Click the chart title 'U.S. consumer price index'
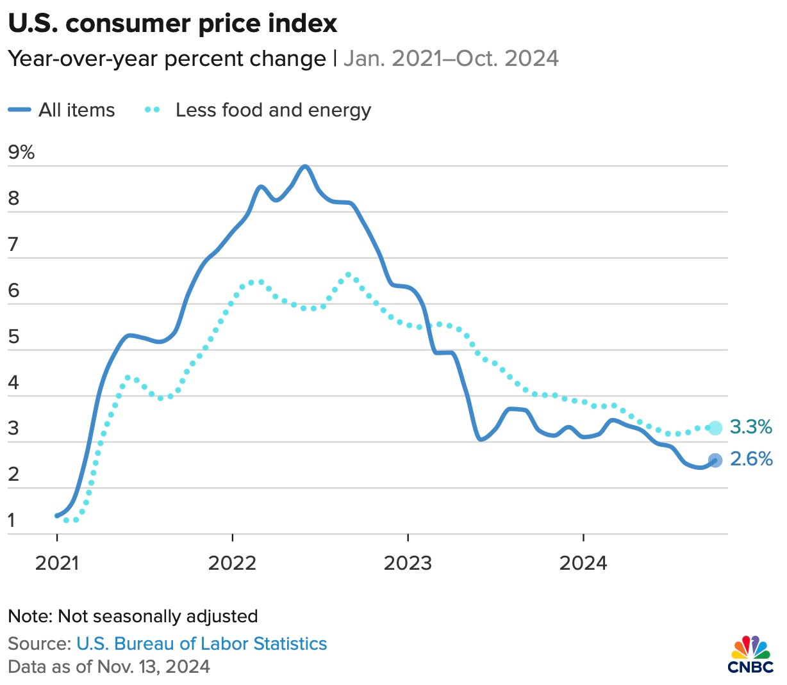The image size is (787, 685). pos(172,24)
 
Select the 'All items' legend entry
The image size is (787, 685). pos(62,110)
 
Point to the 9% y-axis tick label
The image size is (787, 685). pos(21,152)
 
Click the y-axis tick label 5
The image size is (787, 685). pos(13,337)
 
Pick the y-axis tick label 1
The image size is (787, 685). pos(12,521)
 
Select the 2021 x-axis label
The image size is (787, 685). pos(57,563)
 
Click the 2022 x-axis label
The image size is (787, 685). pos(232,563)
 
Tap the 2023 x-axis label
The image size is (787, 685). pos(408,563)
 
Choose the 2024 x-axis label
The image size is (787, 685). pos(583,563)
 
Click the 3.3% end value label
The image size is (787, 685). pos(751,427)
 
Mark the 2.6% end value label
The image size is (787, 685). pos(751,459)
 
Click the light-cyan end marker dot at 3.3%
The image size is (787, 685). pos(715,428)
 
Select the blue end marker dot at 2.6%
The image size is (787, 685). pos(715,460)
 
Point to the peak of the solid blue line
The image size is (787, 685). pos(305,166)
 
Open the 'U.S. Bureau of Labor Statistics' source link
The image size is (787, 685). pos(201,643)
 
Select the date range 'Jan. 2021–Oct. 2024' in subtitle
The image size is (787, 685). pos(451,59)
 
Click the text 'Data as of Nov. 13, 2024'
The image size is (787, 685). pos(109,666)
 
